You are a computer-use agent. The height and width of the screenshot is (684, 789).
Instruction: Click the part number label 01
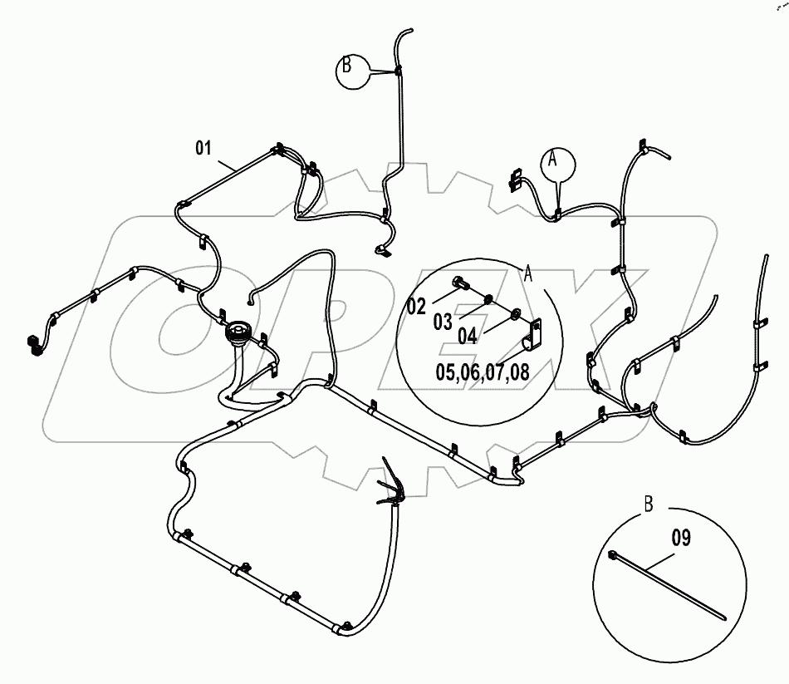click(x=203, y=148)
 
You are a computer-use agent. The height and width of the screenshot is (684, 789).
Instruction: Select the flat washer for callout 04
click(x=517, y=313)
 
